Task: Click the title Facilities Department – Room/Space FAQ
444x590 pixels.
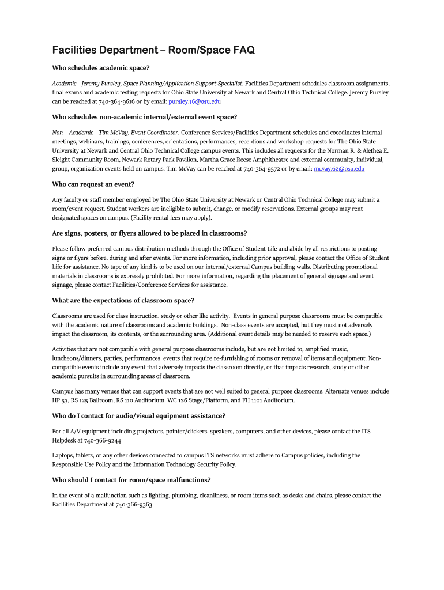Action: pyautogui.click(x=153, y=51)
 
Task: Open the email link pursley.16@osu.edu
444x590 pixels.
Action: pyautogui.click(x=194, y=102)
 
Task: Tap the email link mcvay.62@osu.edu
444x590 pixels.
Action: pyautogui.click(x=339, y=169)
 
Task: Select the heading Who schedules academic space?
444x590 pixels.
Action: pyautogui.click(x=101, y=68)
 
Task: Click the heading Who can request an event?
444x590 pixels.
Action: pyautogui.click(x=93, y=184)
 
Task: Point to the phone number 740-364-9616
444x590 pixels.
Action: pyautogui.click(x=117, y=102)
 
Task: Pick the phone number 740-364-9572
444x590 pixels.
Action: pyautogui.click(x=262, y=169)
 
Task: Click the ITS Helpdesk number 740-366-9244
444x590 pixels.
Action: pyautogui.click(x=103, y=441)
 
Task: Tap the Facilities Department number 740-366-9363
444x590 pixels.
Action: pyautogui.click(x=134, y=505)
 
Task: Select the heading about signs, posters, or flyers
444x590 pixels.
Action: pyautogui.click(x=149, y=233)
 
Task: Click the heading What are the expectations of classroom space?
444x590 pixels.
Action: pyautogui.click(x=123, y=301)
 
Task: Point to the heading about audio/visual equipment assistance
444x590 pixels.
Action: pyautogui.click(x=138, y=416)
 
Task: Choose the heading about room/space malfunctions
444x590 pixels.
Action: pyautogui.click(x=131, y=480)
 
